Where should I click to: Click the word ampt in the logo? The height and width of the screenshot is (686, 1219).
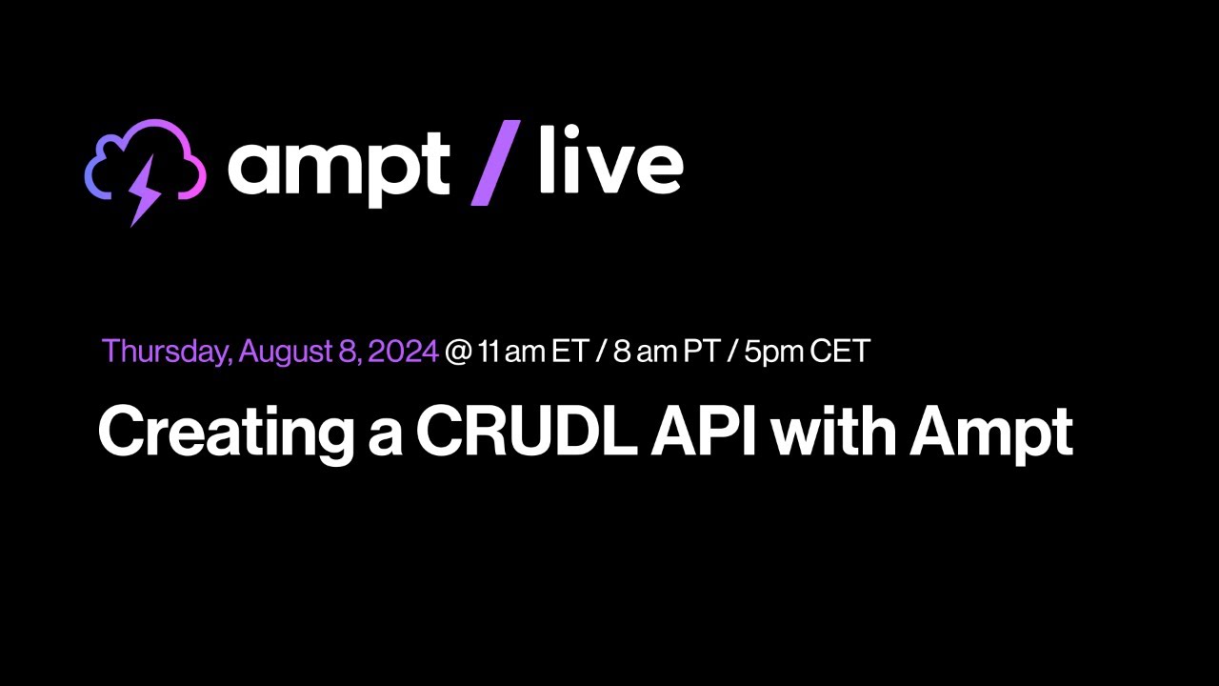[x=338, y=167]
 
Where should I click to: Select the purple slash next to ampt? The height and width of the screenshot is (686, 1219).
[x=496, y=163]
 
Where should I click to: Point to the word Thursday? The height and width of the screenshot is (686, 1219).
[x=165, y=352]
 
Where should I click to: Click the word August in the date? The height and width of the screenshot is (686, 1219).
[x=284, y=352]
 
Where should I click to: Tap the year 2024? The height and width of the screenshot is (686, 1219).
[x=402, y=352]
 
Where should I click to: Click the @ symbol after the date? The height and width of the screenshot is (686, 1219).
[x=458, y=352]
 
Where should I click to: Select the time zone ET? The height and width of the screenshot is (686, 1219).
[x=570, y=352]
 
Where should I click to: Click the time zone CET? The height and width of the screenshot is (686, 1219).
[x=840, y=352]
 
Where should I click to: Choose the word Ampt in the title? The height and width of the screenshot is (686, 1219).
[x=990, y=433]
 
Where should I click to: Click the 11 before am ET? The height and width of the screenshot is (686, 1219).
[x=489, y=352]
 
